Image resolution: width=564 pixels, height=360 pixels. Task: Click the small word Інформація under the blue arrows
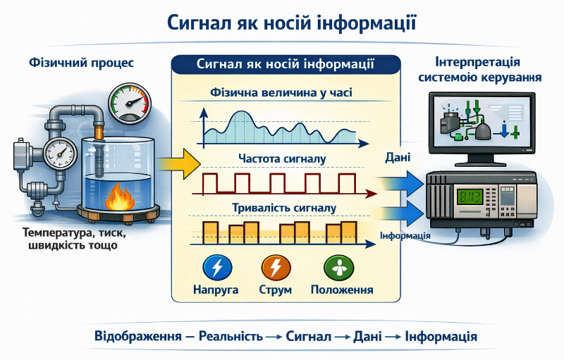[405, 236]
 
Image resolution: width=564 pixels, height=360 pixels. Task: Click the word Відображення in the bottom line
[139, 337]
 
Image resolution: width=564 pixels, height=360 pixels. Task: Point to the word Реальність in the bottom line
[231, 337]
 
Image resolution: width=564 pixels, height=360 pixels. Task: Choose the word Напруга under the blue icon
[215, 290]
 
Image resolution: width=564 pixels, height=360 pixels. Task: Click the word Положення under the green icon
[341, 290]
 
